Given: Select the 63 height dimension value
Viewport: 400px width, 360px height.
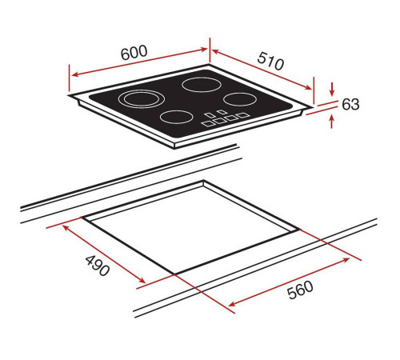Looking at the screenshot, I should click(351, 104).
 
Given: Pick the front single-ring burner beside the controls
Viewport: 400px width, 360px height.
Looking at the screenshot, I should click(175, 117).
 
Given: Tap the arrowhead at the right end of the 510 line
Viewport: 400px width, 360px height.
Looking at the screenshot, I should click(310, 88).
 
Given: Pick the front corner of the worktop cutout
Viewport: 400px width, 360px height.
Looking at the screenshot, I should click(174, 274).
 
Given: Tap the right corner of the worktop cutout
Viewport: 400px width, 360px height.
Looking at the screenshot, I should click(299, 231).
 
